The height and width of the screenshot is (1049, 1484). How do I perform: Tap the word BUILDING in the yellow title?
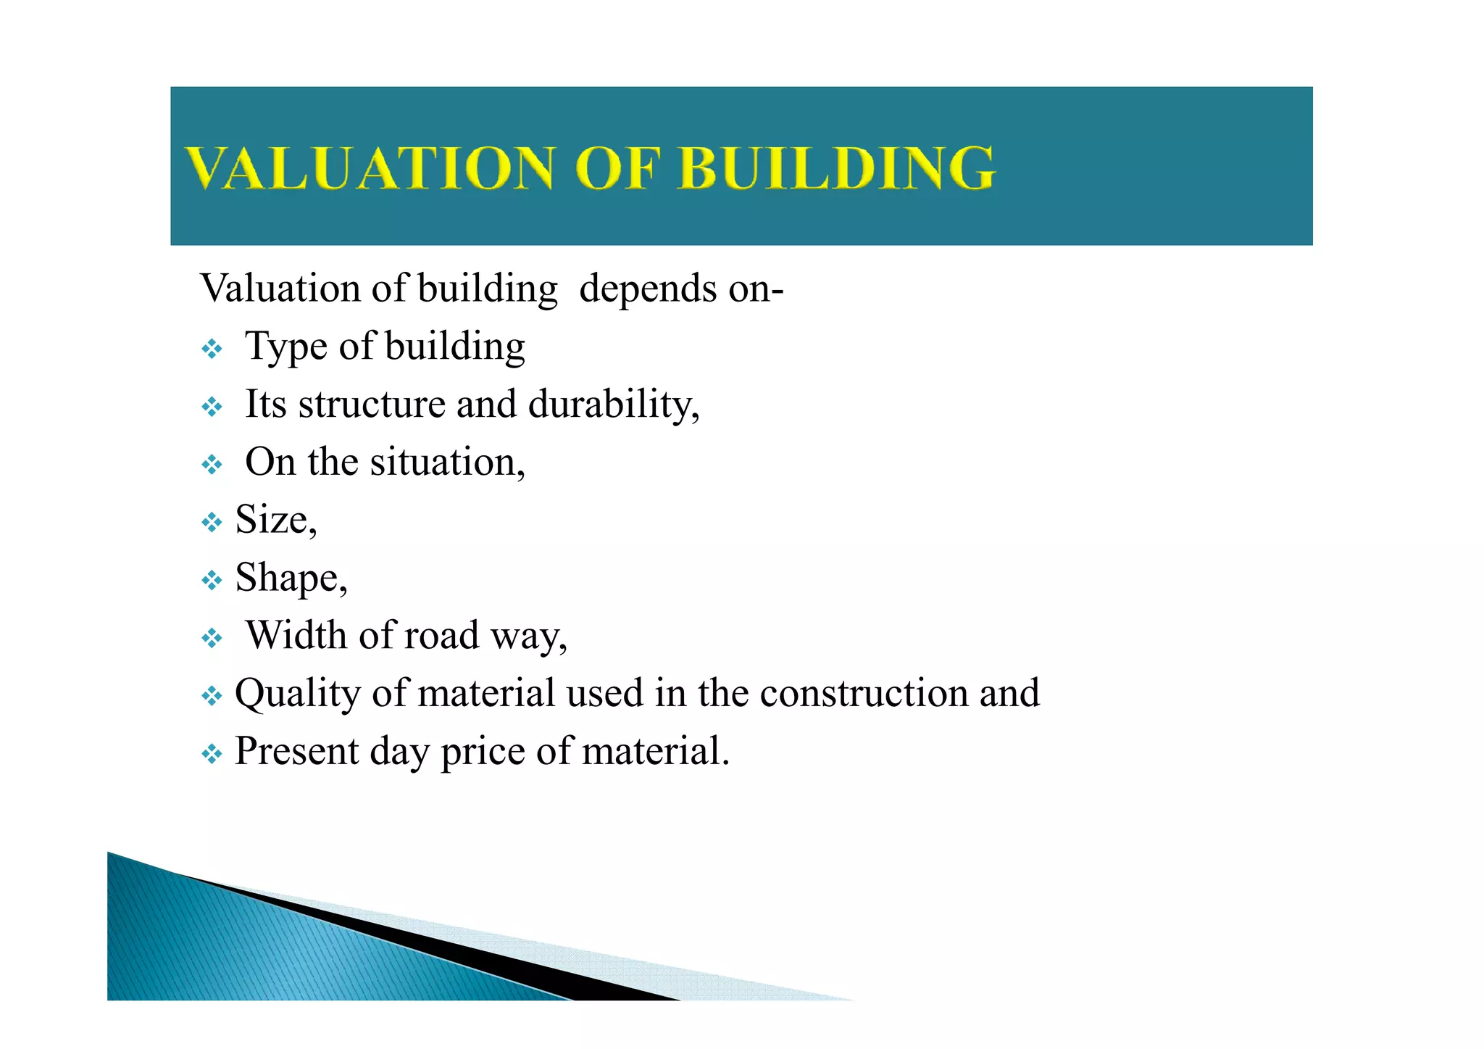(x=836, y=168)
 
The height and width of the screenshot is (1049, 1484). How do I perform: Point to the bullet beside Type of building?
(x=212, y=349)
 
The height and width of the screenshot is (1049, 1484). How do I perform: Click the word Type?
(x=286, y=347)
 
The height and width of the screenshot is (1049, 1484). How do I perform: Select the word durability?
(x=613, y=404)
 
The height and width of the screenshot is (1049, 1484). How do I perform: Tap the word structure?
(x=371, y=405)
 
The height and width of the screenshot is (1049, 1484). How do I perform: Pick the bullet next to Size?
(x=212, y=522)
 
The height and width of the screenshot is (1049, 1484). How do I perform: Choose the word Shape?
(x=291, y=579)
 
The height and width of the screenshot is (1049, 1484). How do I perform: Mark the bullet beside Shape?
(x=212, y=580)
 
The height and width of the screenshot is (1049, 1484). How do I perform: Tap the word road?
(x=441, y=635)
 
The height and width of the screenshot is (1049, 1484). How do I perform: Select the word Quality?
(x=297, y=694)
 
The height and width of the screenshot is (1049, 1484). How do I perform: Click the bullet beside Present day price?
(x=212, y=754)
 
